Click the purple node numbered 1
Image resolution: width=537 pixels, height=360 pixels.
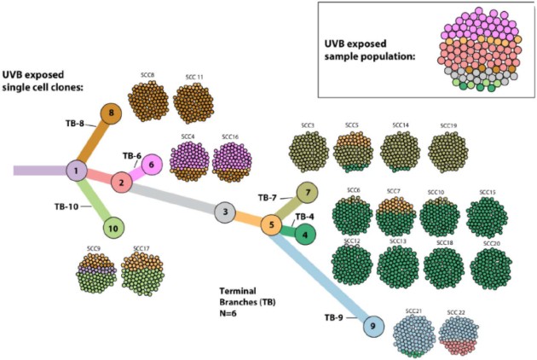[78, 171]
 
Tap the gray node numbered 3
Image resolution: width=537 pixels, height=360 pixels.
[224, 212]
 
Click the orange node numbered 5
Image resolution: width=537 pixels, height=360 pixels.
[271, 225]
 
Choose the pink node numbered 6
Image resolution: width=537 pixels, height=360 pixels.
[151, 165]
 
